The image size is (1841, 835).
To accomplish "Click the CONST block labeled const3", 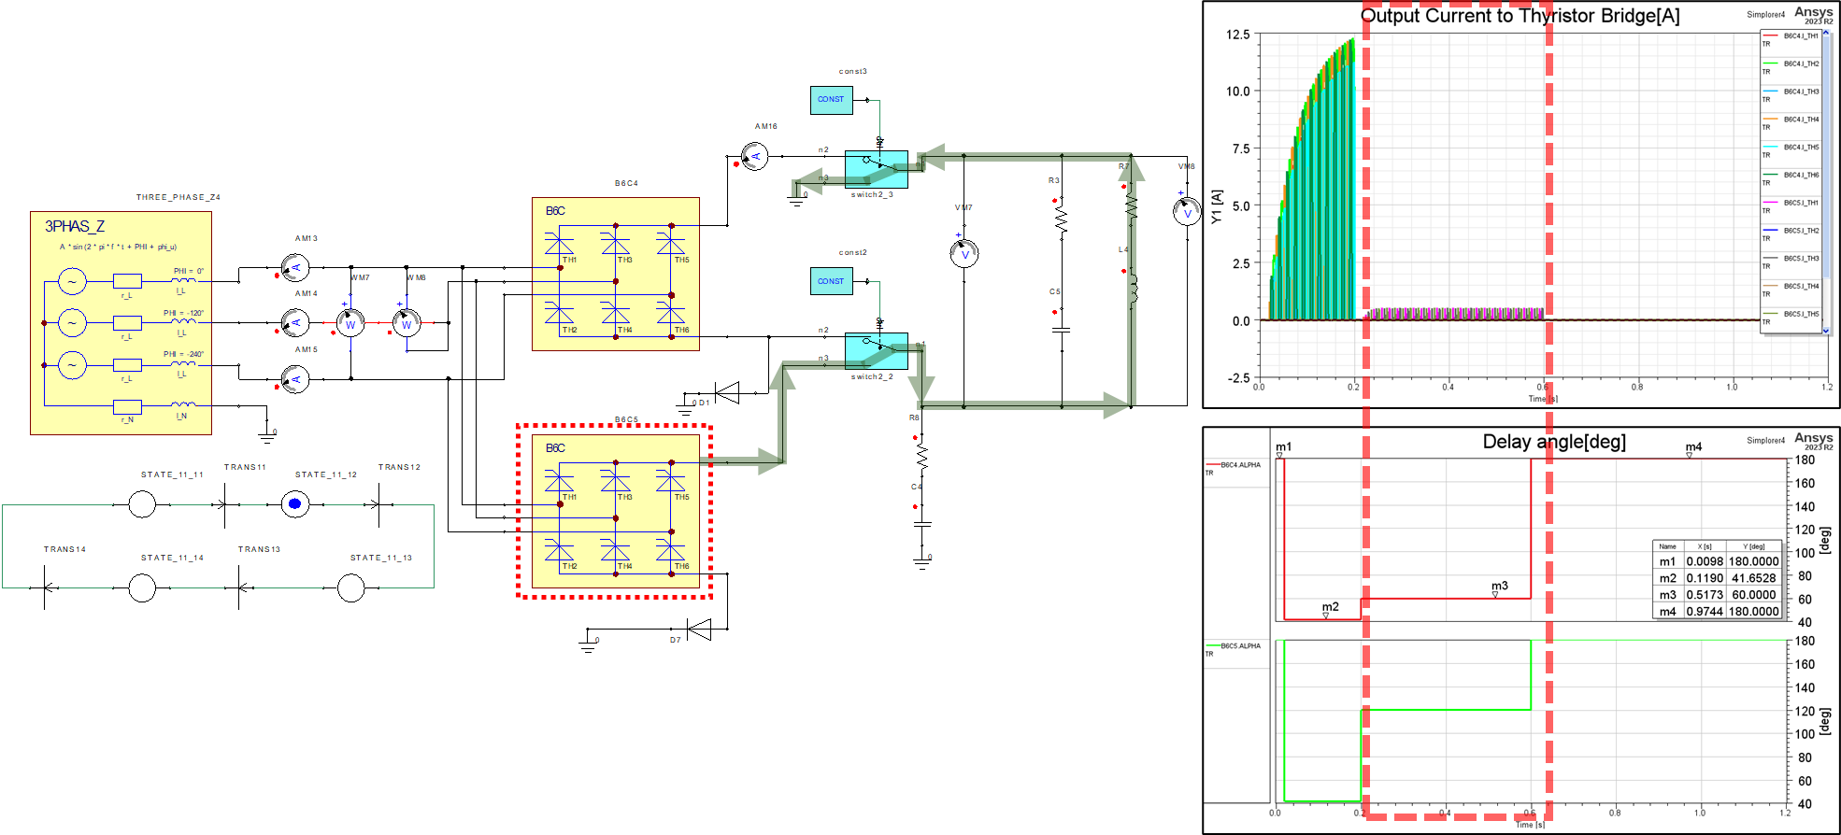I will pos(831,99).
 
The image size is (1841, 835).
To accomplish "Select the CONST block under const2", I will pos(831,280).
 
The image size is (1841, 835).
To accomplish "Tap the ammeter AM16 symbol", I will pos(754,156).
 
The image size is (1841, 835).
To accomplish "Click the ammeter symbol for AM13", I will pos(295,268).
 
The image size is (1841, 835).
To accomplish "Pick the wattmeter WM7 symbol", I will pos(350,324).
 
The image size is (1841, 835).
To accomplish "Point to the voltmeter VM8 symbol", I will pos(1187,212).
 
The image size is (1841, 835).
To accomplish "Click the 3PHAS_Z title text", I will pos(75,226).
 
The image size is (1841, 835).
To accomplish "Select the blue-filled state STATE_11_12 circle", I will pos(295,504).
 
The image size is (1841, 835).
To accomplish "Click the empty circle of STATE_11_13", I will pos(350,587).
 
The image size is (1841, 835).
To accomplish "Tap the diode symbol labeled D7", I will pos(698,629).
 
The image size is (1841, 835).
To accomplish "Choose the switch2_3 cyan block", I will pos(876,169).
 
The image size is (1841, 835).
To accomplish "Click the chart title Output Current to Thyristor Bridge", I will pos(1520,16).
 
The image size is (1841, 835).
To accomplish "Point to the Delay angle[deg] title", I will pos(1554,442).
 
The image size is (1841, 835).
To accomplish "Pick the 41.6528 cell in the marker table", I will pos(1753,578).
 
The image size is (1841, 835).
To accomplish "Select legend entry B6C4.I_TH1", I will pos(1800,36).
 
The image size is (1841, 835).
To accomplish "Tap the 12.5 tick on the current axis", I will pos(1237,35).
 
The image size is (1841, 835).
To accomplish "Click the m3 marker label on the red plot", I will pos(1499,586).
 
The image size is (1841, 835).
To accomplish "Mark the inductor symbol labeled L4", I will pos(1133,290).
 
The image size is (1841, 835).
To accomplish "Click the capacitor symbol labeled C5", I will pos(1061,330).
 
